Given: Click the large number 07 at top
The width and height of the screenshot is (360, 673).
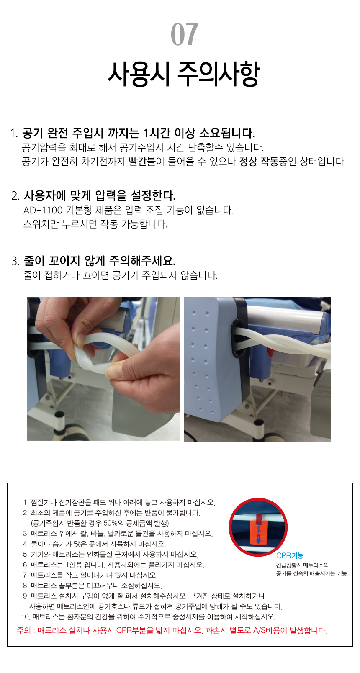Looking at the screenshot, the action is coord(184,34).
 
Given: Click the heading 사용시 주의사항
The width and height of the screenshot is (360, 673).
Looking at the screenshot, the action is coord(184,74).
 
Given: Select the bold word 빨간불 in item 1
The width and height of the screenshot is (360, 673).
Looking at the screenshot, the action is coord(142,162).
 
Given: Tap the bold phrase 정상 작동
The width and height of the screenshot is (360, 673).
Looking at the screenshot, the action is coord(259,162).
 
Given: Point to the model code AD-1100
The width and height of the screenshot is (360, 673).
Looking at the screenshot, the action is coord(43,210).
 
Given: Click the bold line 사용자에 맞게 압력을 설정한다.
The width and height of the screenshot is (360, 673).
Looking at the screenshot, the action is coord(100,196).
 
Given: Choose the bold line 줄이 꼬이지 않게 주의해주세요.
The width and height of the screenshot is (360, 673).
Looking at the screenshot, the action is coord(100,261).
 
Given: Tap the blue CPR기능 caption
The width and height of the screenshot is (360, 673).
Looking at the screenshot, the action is coord(290,555).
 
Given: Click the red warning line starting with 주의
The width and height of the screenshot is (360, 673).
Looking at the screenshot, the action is coord(172,630).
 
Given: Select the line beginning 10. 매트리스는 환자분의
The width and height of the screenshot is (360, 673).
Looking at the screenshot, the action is coord(148,617).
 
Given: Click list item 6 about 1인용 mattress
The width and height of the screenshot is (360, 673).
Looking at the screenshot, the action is coord(113,565).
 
